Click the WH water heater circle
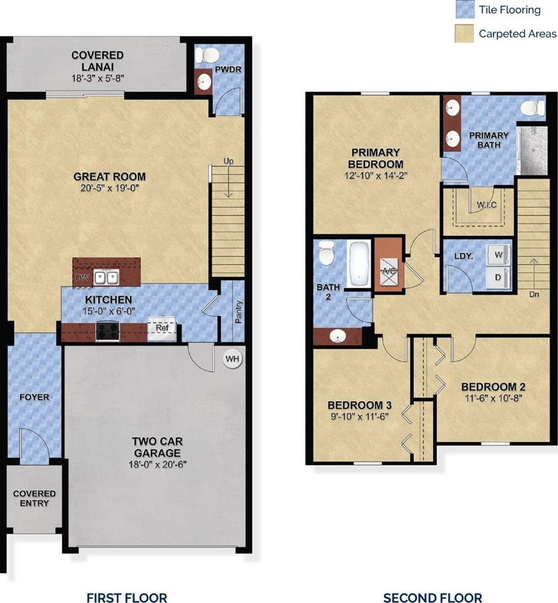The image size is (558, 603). click(232, 359)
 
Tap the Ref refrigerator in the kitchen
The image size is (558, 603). click(162, 329)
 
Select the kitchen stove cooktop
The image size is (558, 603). click(108, 331)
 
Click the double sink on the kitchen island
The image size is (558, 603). click(106, 277)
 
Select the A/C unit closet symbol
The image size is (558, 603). click(389, 271)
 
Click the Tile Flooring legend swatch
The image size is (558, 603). click(465, 9)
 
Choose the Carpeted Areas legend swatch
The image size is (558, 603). click(464, 33)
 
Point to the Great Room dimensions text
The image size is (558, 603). click(110, 188)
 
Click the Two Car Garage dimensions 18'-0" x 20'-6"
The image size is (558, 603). click(157, 465)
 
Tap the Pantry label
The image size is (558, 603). click(239, 312)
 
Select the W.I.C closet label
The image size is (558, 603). click(487, 205)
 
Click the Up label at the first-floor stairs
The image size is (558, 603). click(229, 161)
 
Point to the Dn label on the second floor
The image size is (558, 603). click(534, 294)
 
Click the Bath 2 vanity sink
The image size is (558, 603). click(338, 337)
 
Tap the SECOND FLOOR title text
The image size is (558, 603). click(433, 597)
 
